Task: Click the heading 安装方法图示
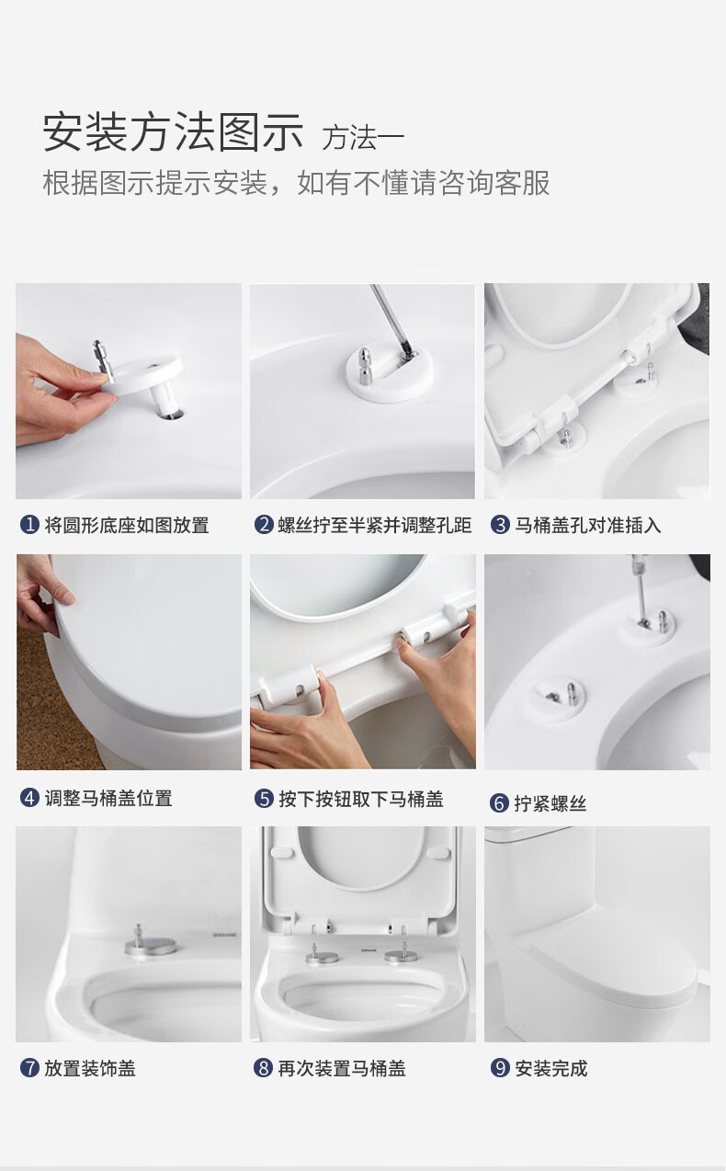click(x=173, y=133)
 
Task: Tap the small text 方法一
click(x=362, y=139)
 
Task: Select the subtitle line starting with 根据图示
click(x=296, y=183)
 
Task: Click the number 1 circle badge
click(x=29, y=525)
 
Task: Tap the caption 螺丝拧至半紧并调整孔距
click(x=374, y=525)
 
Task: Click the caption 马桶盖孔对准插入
click(x=587, y=525)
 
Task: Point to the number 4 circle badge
click(x=29, y=798)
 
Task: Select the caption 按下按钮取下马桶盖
click(x=361, y=799)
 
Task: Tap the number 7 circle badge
click(x=29, y=1068)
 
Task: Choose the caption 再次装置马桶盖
click(x=342, y=1068)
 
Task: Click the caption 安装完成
click(x=550, y=1068)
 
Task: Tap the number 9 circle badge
click(x=500, y=1068)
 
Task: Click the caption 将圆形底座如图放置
click(x=127, y=525)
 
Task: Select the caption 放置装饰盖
click(x=90, y=1068)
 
